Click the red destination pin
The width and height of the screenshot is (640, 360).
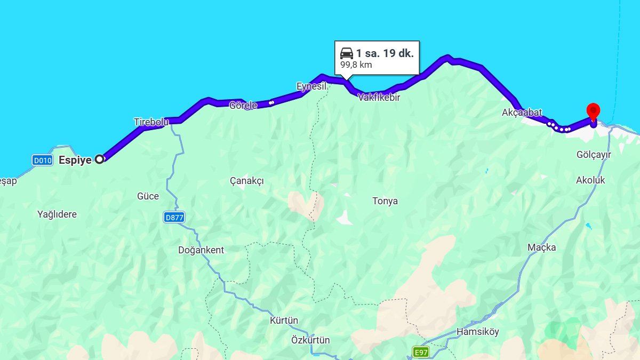tap(593, 111)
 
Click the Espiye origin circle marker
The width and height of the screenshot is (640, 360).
tap(99, 158)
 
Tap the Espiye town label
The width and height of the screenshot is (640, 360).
tap(75, 159)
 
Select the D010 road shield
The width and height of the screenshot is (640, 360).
tap(42, 159)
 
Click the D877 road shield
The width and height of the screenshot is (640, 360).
tap(174, 217)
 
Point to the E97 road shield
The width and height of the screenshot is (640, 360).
tap(421, 352)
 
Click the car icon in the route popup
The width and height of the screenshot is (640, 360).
tap(347, 53)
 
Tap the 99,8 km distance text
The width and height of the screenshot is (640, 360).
tap(356, 65)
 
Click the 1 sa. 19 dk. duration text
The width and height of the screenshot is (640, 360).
tap(385, 53)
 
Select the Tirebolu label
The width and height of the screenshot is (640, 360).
tap(151, 122)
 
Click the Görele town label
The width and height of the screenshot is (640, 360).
tap(243, 105)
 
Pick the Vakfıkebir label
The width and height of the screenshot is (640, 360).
tap(379, 98)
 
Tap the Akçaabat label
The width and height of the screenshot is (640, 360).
tap(522, 113)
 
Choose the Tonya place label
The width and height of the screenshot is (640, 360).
tap(385, 201)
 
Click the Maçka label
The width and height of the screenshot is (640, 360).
tap(541, 247)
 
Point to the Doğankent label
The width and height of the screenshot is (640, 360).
tap(201, 250)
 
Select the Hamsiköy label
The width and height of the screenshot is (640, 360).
tap(478, 332)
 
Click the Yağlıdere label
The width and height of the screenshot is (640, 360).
tap(57, 214)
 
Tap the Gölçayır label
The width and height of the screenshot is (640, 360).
tap(594, 155)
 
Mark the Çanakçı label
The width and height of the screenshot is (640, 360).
tap(247, 181)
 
